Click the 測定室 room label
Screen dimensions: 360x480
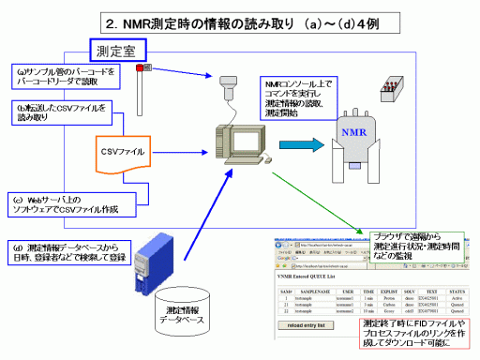(x=120, y=47)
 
